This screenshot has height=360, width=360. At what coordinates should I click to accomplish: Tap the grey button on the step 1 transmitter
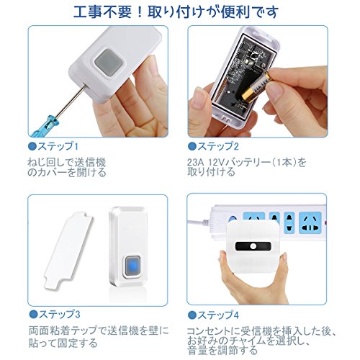click(x=108, y=63)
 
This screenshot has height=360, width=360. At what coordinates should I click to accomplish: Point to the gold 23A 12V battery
click(x=257, y=87)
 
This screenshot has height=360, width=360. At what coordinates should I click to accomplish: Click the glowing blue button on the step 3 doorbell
click(x=132, y=266)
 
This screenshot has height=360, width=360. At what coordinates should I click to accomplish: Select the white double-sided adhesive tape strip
click(x=68, y=250)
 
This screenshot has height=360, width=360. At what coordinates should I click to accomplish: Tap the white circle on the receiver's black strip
click(x=253, y=246)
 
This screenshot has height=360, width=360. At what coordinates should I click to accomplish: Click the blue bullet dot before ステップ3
click(x=33, y=315)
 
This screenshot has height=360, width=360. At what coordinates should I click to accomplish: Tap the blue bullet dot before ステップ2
click(x=192, y=146)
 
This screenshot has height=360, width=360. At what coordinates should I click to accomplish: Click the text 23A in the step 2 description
click(x=195, y=163)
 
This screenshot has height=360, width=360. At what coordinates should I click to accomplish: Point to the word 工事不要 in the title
click(x=102, y=12)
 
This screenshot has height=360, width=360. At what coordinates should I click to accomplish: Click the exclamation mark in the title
click(x=139, y=12)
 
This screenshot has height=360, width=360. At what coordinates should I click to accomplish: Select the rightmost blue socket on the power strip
click(x=310, y=222)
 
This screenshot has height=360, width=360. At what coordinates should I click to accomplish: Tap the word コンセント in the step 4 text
click(x=211, y=331)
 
